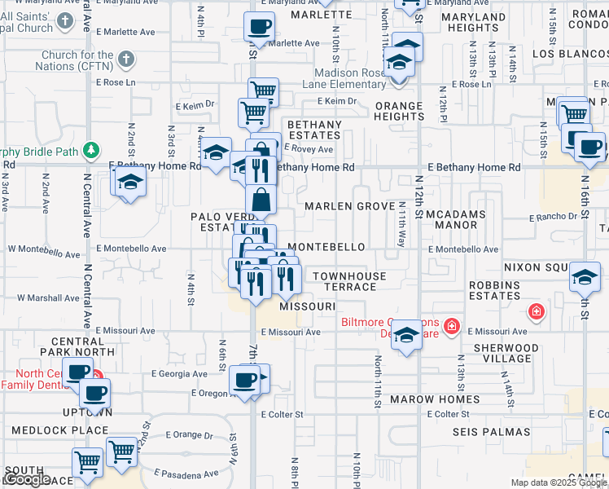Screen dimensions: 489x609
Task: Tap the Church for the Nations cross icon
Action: point(126,59)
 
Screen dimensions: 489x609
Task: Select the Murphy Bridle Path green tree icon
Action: point(92,150)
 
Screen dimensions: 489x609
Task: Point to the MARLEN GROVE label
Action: point(350,206)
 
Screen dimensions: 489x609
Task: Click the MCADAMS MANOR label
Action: point(456,219)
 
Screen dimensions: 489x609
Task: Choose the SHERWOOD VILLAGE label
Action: point(506,353)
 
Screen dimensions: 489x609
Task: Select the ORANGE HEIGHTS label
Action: point(398,112)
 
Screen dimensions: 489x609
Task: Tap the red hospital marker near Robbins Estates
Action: point(536,311)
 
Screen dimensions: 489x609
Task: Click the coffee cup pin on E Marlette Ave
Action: point(259,27)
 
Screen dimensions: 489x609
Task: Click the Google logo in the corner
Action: point(27,480)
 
